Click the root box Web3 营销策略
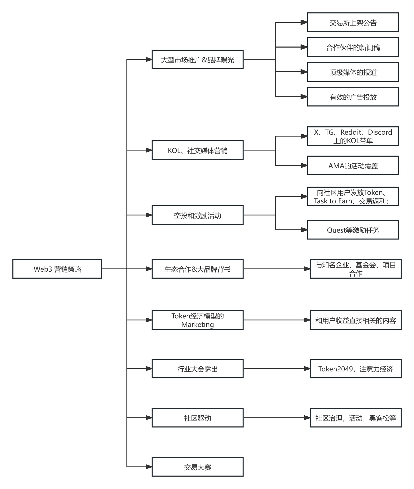[x=57, y=269]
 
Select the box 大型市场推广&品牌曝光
[x=197, y=59]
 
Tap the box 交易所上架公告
[x=353, y=22]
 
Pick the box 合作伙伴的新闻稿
[x=353, y=47]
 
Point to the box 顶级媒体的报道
[x=353, y=72]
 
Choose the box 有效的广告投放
[x=353, y=97]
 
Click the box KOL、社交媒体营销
[x=197, y=150]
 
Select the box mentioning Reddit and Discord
[x=353, y=136]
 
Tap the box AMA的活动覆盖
[x=353, y=165]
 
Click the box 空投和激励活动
[x=197, y=215]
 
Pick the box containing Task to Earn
[x=353, y=196]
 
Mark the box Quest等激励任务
[x=353, y=230]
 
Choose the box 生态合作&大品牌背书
[x=197, y=269]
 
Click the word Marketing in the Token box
[x=197, y=324]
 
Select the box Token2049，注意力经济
[x=356, y=369]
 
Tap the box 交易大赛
[x=197, y=467]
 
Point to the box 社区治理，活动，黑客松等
[x=356, y=418]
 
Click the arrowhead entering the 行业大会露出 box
[x=149, y=369]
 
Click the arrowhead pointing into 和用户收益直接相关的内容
[x=307, y=320]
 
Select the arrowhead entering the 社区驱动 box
[x=149, y=418]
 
